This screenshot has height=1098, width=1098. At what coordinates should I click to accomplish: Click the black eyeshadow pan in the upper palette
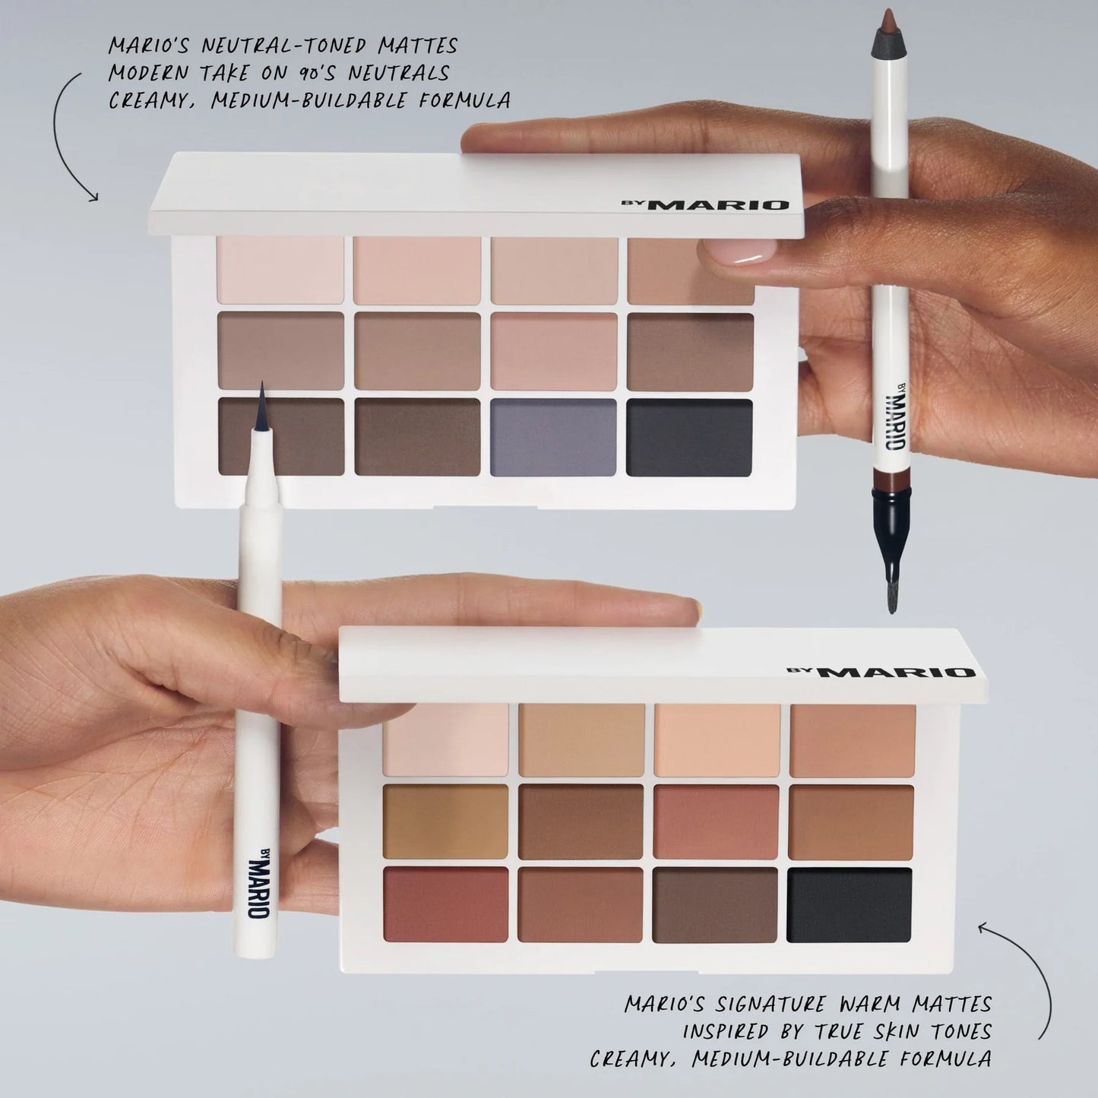(x=689, y=438)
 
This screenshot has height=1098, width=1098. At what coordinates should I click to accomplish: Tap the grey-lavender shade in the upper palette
(x=553, y=438)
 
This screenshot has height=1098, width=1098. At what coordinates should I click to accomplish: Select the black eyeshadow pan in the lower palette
(x=850, y=905)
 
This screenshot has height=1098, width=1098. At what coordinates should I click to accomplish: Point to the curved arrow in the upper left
(x=68, y=137)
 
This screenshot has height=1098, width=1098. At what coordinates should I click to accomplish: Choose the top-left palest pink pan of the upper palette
(x=280, y=270)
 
